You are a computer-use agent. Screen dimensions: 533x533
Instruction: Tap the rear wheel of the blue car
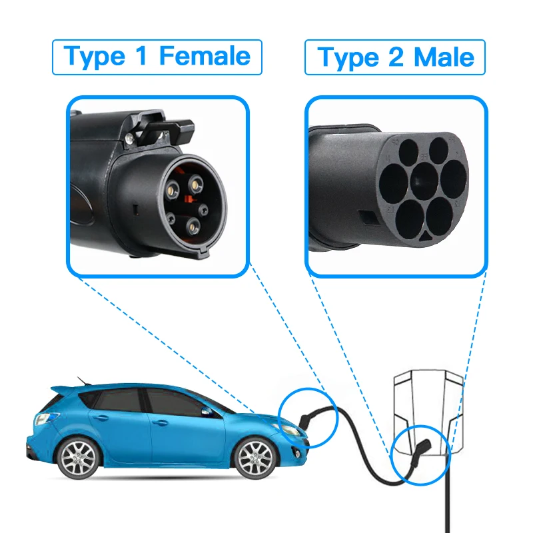tap(77, 458)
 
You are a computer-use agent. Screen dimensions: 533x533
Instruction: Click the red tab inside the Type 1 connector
tap(189, 197)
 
